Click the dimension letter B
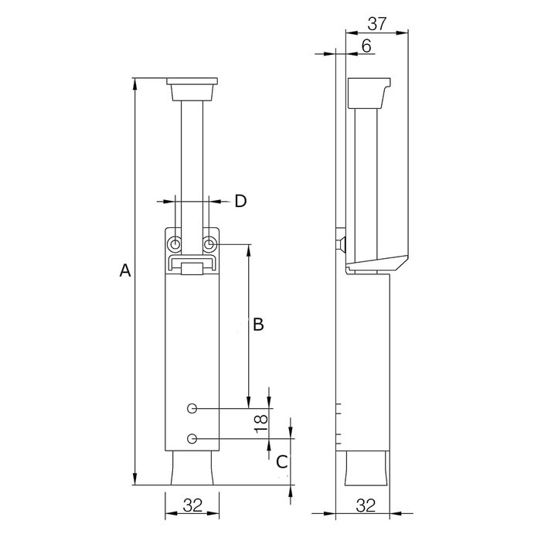coord(259,325)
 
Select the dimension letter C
coord(282,461)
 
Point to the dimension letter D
coord(240,201)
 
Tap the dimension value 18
coord(261,421)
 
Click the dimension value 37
coord(376,23)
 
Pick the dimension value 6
coord(366,46)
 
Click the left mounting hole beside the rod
coord(176,244)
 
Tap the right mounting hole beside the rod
coord(209,244)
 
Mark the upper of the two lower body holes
coord(192,407)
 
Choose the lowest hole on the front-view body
coord(192,439)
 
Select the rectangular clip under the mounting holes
coord(192,267)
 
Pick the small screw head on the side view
coord(341,244)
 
